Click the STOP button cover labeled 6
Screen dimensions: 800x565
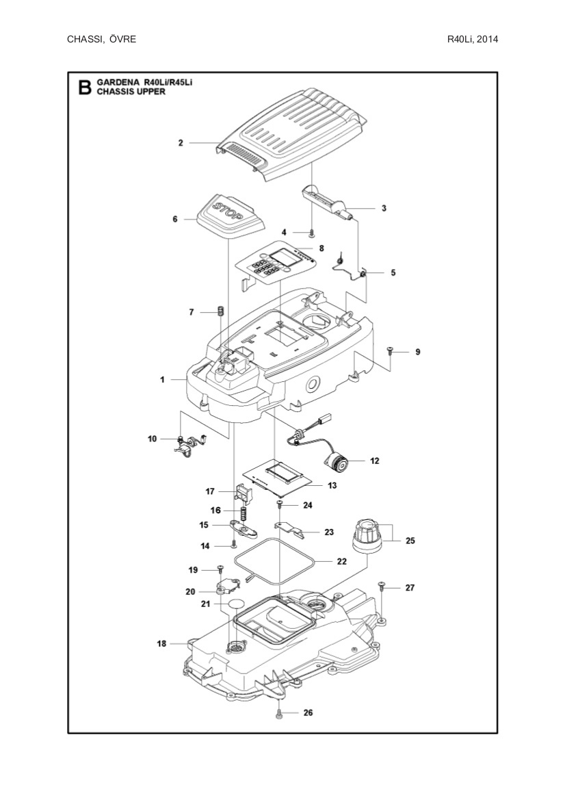coord(229,214)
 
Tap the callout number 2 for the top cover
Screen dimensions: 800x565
coord(181,143)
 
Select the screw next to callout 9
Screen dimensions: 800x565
coord(389,351)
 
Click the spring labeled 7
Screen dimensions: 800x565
coord(221,311)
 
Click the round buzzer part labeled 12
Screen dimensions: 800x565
coord(336,463)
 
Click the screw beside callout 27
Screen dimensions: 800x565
coord(382,586)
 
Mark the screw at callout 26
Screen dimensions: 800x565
coord(280,713)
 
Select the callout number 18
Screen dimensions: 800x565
coord(162,643)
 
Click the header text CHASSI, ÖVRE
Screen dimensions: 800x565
coord(101,39)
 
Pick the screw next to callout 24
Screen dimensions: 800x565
coord(280,505)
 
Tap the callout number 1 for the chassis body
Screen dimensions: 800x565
coord(162,378)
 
